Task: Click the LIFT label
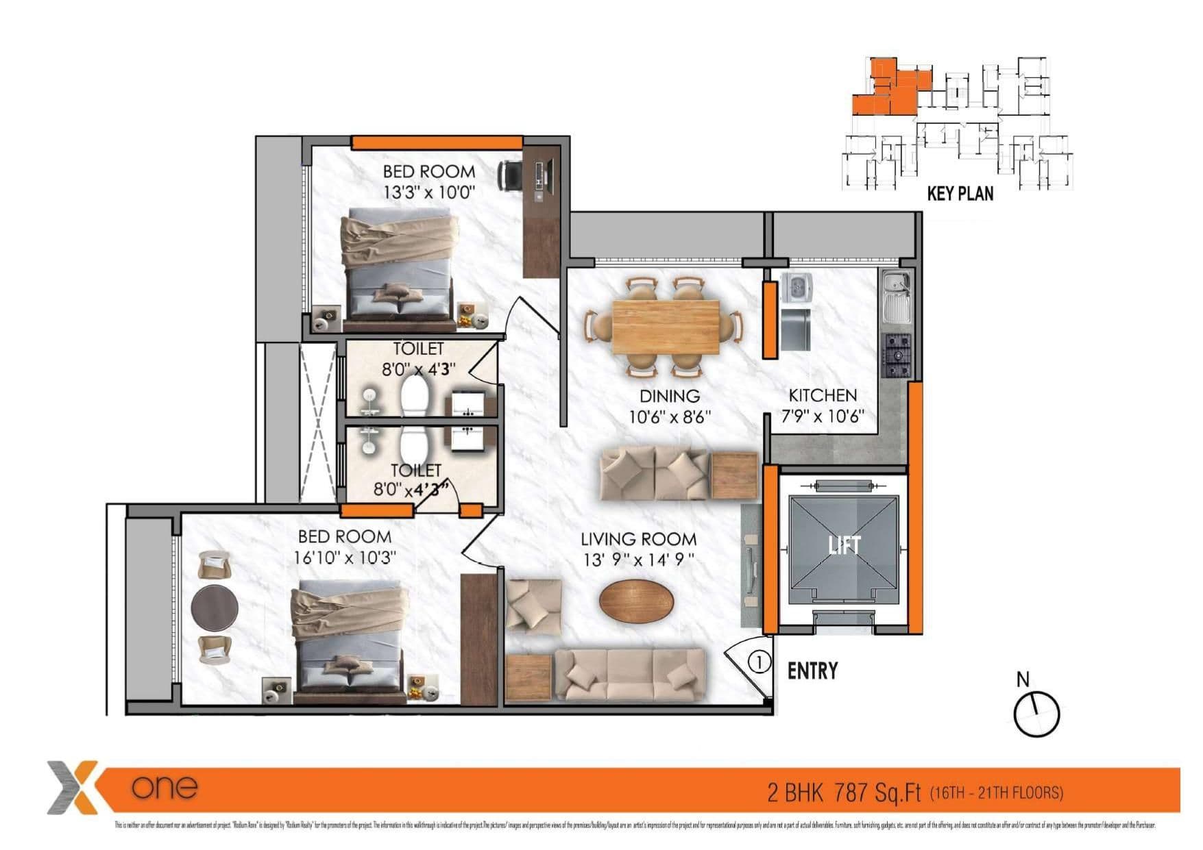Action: [x=844, y=545]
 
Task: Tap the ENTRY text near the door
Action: [x=812, y=671]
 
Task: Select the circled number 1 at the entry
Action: [x=759, y=662]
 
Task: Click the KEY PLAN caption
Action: [x=960, y=194]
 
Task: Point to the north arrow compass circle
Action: [x=1036, y=714]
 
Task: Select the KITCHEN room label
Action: [x=823, y=395]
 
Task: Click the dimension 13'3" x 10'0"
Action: [x=429, y=192]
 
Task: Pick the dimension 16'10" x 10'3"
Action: [x=345, y=558]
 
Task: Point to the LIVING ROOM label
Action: [x=638, y=539]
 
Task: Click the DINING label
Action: [x=669, y=396]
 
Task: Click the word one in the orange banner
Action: [x=165, y=787]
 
